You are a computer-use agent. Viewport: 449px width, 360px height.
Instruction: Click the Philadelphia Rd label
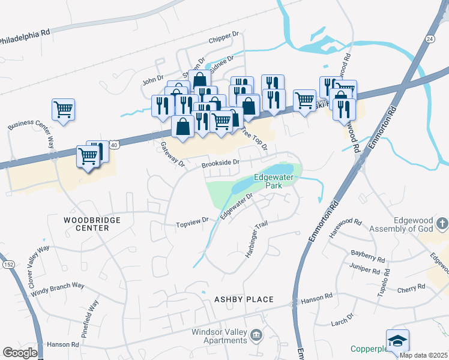click(x=24, y=37)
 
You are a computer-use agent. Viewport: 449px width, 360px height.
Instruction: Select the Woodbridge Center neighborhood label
click(x=92, y=224)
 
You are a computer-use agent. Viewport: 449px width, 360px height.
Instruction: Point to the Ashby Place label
click(x=244, y=299)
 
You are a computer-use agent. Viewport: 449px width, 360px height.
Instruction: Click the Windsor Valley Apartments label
click(x=219, y=336)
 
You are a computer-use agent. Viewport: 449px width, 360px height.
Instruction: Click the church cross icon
click(x=442, y=224)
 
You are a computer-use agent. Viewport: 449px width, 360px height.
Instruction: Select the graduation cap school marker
click(x=397, y=341)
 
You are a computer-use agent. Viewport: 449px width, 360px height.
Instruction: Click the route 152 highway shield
click(x=8, y=265)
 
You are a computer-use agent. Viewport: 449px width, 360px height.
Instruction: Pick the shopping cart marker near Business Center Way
click(x=63, y=110)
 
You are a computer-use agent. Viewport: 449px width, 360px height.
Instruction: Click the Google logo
click(x=20, y=353)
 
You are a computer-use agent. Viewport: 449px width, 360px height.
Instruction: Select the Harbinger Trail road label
click(x=256, y=240)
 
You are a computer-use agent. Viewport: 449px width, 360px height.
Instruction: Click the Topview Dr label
click(x=191, y=224)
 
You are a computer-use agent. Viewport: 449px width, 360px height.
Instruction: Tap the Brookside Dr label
click(x=220, y=162)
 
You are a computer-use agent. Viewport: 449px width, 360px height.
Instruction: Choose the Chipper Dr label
click(x=224, y=40)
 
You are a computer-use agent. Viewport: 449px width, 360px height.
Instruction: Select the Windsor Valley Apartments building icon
click(x=257, y=334)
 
